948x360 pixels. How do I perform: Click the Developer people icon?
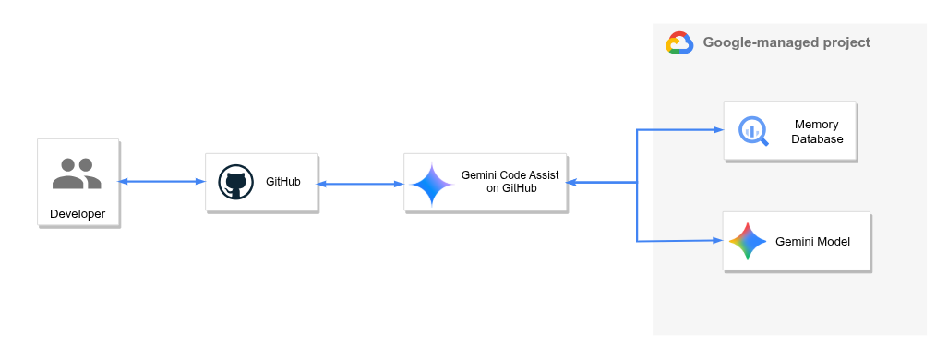pos(77,174)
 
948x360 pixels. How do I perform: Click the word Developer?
pos(78,215)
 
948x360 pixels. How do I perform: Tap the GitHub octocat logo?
pos(235,182)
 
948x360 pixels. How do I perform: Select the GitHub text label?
pos(282,182)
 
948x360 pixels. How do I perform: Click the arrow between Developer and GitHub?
pos(162,182)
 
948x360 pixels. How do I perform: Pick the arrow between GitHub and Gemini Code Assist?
pos(360,184)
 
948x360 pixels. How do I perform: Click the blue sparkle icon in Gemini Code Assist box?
pos(432,184)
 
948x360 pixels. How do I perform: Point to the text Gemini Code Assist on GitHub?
pos(510,182)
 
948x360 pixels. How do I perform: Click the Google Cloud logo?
pos(679,43)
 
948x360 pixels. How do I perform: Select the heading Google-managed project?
pos(786,42)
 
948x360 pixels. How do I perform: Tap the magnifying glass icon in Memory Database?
pos(753,131)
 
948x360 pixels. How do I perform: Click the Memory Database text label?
pos(817,132)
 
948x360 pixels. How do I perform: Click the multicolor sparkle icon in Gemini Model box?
pos(748,242)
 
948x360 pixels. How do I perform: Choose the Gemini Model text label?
pos(812,242)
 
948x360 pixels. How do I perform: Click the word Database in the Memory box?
pos(817,139)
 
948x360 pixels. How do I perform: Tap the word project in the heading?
pos(846,42)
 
